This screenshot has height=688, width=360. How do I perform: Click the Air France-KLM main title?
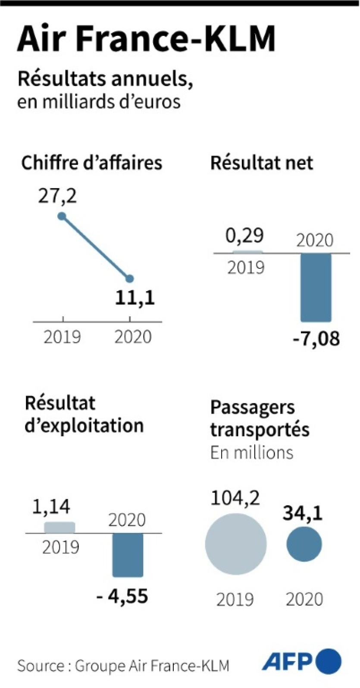(x=146, y=39)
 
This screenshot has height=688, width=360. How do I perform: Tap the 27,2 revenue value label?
(x=57, y=196)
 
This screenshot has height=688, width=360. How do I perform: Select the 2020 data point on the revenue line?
(x=130, y=279)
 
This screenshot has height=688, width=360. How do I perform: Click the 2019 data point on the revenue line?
(x=62, y=216)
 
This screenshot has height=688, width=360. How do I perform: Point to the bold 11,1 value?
(x=135, y=298)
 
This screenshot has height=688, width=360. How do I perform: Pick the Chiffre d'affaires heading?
(x=92, y=163)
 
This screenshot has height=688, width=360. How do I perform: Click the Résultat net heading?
(x=262, y=163)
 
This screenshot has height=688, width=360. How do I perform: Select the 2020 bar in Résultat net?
(x=316, y=287)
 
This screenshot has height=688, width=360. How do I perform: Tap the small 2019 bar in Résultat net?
(x=247, y=251)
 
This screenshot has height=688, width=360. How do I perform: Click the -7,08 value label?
(x=316, y=339)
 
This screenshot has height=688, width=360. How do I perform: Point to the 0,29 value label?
(x=244, y=236)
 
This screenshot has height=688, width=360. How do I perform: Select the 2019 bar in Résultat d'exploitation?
(x=60, y=528)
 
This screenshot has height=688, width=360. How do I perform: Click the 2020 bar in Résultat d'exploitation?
(x=128, y=555)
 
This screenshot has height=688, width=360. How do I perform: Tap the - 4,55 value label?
(x=122, y=597)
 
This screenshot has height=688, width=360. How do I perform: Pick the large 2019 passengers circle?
(x=236, y=544)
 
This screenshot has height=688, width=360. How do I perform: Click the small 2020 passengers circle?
(x=304, y=544)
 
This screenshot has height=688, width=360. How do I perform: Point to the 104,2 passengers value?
(x=235, y=499)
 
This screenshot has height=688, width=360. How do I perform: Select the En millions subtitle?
(x=252, y=453)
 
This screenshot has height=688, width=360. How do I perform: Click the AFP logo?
(x=302, y=661)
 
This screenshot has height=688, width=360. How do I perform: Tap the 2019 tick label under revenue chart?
(x=63, y=337)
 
